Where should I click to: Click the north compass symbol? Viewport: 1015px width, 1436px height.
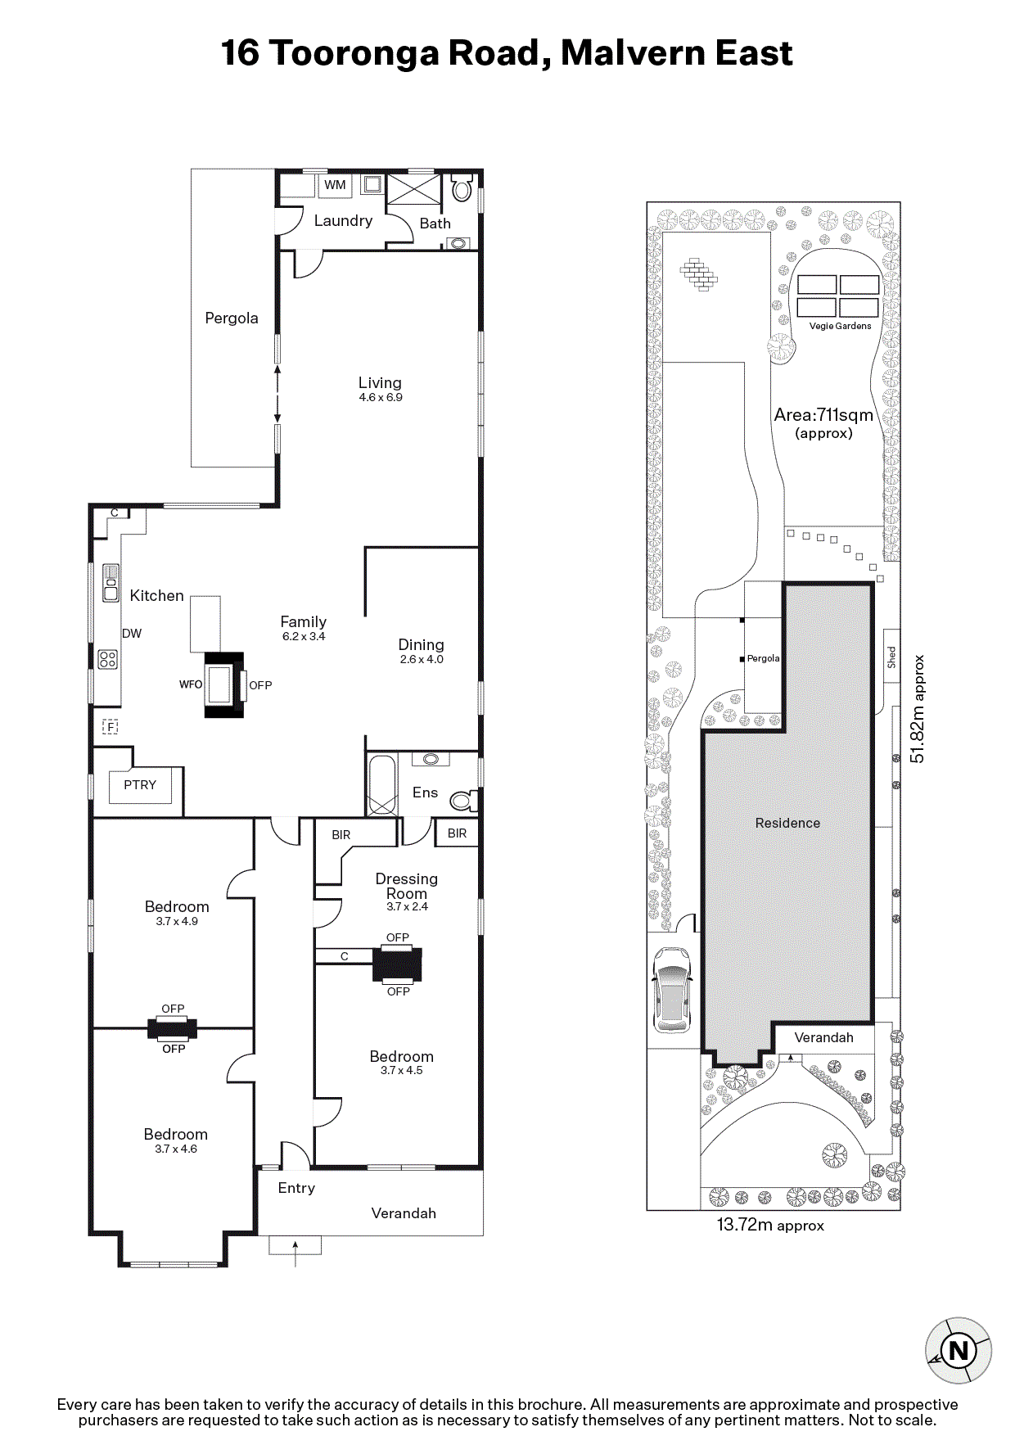click(959, 1350)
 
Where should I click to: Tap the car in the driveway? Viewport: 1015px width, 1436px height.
click(673, 990)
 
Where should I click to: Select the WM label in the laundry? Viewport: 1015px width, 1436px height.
click(335, 185)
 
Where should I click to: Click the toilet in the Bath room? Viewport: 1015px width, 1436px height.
click(462, 188)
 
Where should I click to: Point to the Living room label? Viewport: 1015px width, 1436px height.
click(380, 382)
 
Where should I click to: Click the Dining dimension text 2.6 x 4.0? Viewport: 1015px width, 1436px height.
click(422, 659)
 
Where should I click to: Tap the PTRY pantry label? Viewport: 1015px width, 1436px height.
click(140, 784)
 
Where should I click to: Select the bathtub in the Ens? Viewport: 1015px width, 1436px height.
click(381, 785)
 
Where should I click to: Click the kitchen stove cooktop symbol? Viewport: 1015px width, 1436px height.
click(107, 658)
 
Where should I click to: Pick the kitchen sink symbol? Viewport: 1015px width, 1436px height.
click(111, 583)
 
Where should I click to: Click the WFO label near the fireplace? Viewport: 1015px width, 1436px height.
click(191, 684)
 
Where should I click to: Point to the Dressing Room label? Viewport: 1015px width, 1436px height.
click(407, 886)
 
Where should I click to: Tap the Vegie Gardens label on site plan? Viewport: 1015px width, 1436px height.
click(840, 326)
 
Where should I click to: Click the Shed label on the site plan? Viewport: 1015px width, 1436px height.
click(891, 657)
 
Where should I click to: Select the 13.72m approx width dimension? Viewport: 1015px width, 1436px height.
click(770, 1226)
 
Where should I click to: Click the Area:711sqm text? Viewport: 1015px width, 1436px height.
click(823, 415)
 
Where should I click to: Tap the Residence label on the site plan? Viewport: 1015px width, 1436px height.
click(787, 823)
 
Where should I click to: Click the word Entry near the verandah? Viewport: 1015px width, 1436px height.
click(296, 1188)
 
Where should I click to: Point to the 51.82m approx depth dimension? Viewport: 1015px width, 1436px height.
click(918, 709)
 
